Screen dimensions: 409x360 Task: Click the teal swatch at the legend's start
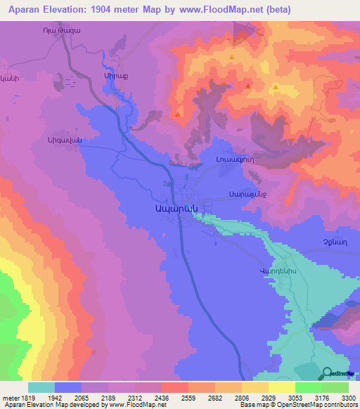tap(41, 387)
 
